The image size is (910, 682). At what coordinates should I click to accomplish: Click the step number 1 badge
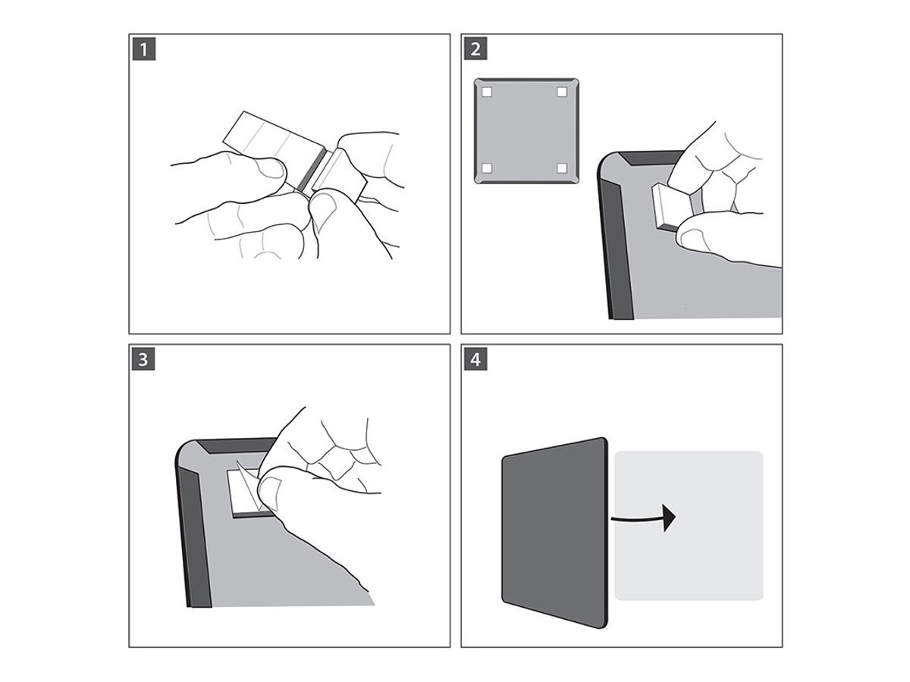[x=143, y=49]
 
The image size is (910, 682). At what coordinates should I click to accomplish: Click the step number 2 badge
[x=475, y=49]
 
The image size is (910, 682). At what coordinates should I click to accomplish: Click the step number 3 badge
[x=143, y=359]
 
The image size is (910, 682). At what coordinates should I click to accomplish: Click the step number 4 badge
[x=475, y=359]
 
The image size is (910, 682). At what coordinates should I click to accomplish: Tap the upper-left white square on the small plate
[x=488, y=92]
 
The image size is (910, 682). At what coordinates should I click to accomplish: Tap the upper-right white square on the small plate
[x=562, y=92]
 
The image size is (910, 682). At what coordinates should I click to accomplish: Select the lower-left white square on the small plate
[x=488, y=168]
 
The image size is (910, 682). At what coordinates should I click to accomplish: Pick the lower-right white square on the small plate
[x=562, y=168]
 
